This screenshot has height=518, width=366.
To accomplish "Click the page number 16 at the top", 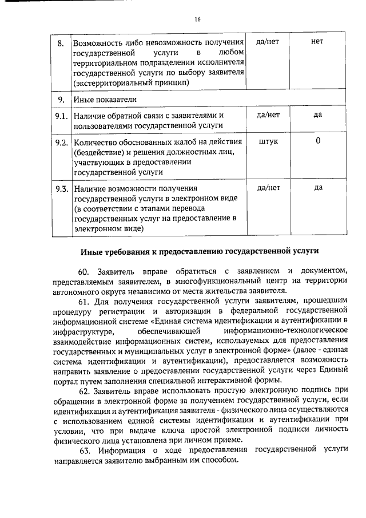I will click(197, 19).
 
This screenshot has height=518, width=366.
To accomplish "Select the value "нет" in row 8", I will click(317, 42).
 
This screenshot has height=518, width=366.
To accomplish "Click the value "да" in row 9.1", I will click(318, 115).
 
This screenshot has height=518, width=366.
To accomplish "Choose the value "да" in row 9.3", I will click(318, 188).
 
